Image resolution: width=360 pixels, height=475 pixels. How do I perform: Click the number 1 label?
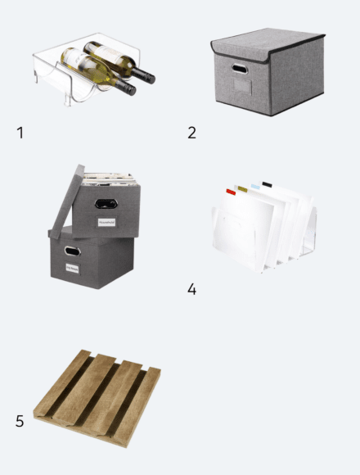20,132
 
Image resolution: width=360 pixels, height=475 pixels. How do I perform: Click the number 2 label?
191,132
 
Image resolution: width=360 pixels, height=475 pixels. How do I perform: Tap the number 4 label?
191,289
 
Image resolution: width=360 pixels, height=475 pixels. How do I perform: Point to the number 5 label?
20,421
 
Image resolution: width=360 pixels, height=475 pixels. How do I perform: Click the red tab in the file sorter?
232,192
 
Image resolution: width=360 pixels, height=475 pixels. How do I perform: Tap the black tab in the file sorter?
267,183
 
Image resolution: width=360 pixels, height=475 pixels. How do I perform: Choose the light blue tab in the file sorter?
254,186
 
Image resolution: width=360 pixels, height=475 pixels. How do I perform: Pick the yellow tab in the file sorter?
242,188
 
